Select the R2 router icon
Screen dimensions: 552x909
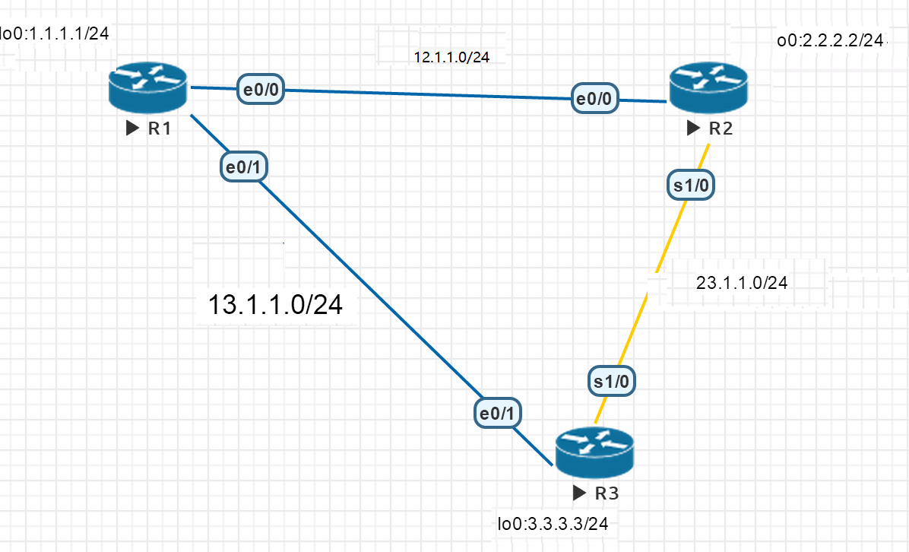tap(708, 86)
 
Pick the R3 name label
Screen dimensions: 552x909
tap(607, 493)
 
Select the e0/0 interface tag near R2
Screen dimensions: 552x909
tap(596, 98)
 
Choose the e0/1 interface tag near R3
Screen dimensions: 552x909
tap(498, 412)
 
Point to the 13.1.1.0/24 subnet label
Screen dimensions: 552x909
tap(275, 305)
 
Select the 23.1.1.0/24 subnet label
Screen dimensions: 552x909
tap(741, 283)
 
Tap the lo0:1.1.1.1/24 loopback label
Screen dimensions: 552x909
tap(55, 33)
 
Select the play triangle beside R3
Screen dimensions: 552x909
tap(580, 493)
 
